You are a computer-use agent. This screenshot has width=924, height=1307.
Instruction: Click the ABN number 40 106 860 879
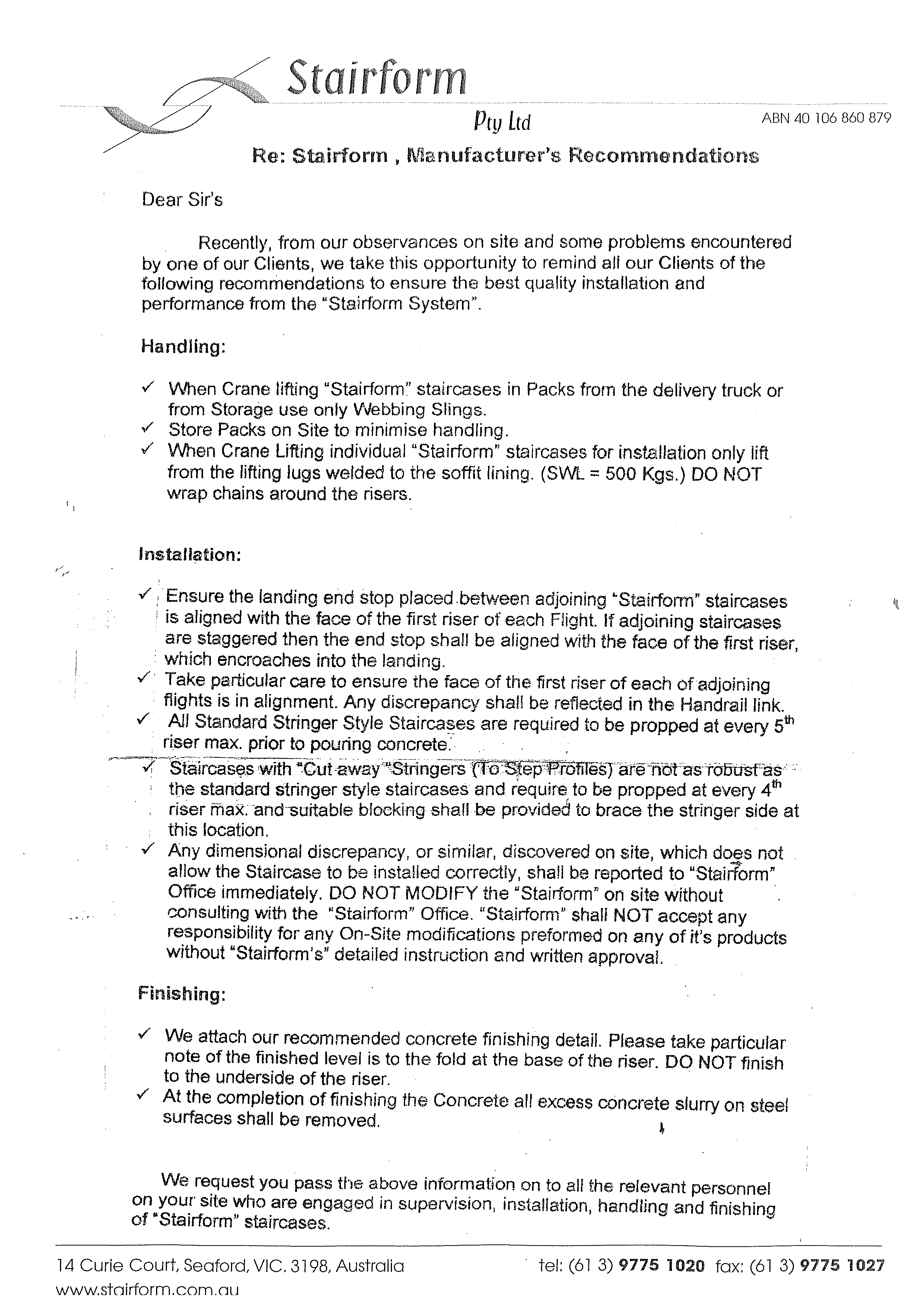(826, 118)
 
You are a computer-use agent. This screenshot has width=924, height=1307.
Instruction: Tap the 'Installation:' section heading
(190, 555)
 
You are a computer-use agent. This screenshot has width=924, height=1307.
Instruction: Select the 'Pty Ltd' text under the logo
(501, 122)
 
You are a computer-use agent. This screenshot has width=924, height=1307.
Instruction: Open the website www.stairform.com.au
(148, 1289)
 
